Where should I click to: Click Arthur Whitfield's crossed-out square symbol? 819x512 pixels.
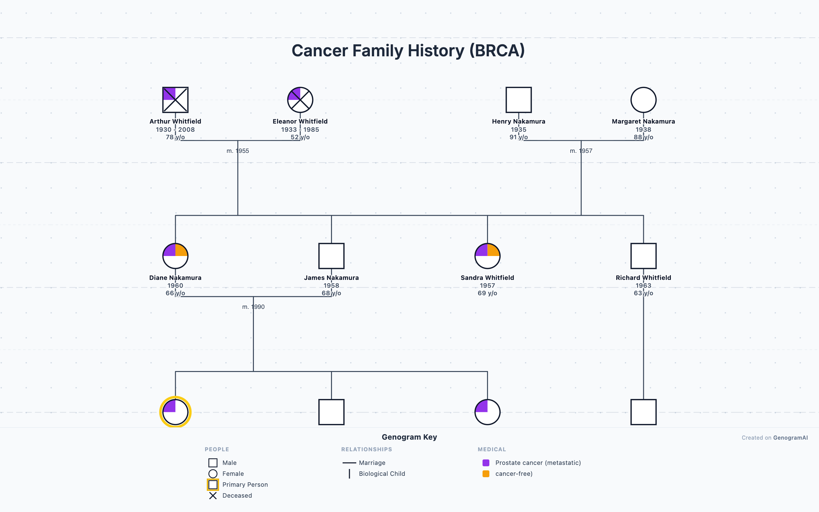(x=175, y=100)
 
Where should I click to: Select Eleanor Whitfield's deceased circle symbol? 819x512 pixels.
(x=300, y=100)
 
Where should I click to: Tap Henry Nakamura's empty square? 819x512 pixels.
(x=518, y=100)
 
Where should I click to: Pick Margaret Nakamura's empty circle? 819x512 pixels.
(x=643, y=100)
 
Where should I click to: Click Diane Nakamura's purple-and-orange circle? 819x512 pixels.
(x=175, y=256)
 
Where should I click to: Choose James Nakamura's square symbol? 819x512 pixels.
(x=331, y=256)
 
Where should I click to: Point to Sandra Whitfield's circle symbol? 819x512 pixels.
(x=487, y=256)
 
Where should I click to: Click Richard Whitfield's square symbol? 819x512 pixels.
(x=643, y=256)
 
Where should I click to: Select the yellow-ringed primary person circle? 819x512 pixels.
(x=175, y=412)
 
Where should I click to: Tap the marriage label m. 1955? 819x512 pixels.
(x=238, y=151)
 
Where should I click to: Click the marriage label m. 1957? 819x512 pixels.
(x=581, y=151)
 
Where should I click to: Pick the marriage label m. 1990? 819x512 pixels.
(x=253, y=307)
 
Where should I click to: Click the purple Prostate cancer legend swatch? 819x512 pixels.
(x=486, y=463)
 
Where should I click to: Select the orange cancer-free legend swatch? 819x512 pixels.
(x=486, y=474)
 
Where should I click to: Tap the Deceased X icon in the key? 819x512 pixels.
(x=213, y=496)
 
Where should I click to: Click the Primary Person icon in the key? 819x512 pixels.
(x=213, y=485)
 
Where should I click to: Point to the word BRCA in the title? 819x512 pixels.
(x=497, y=51)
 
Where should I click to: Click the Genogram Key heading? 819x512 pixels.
(x=409, y=437)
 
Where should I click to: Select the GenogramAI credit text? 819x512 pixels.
(x=790, y=438)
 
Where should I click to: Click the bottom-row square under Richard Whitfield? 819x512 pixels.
(x=643, y=412)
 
